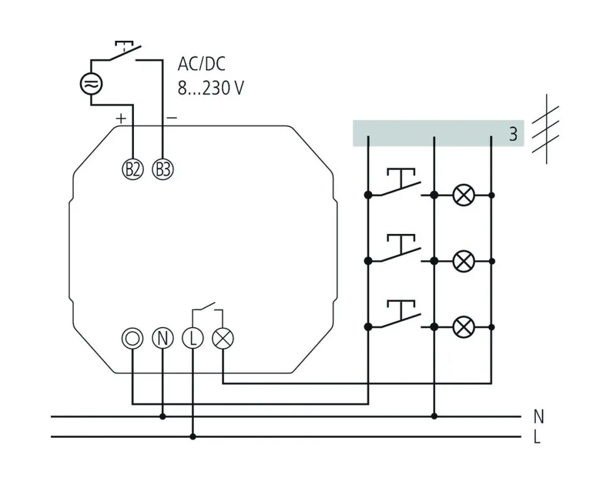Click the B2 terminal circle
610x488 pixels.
132,169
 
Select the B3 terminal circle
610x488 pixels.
162,169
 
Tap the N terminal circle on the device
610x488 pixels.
162,338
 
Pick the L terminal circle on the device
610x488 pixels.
192,338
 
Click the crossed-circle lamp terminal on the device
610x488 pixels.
223,338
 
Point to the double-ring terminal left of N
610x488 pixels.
132,338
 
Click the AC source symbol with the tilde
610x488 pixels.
91,84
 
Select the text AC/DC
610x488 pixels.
202,64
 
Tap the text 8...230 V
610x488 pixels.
210,88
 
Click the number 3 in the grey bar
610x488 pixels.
513,134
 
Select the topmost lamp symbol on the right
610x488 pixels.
463,196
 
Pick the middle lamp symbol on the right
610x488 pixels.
463,260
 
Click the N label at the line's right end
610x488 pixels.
538,416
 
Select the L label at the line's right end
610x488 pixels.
536,437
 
